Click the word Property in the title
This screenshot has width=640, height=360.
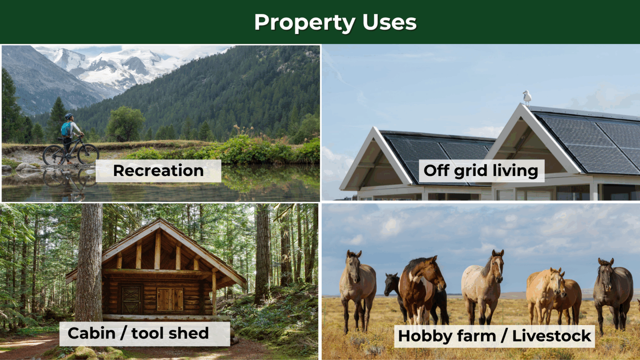305,23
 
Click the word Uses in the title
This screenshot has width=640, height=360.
390,22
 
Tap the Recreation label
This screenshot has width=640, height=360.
158,170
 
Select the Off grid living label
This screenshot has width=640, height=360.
481,170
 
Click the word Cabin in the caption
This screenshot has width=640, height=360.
92,333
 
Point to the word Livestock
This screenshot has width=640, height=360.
552,336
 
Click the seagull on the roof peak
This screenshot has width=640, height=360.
527,98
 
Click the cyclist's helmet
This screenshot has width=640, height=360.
68,116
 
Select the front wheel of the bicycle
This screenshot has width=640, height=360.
88,154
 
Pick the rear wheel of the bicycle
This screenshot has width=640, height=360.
54,155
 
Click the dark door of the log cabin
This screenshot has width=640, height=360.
131,299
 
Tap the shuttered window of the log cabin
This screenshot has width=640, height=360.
170,299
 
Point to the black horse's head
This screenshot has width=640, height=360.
390,284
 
